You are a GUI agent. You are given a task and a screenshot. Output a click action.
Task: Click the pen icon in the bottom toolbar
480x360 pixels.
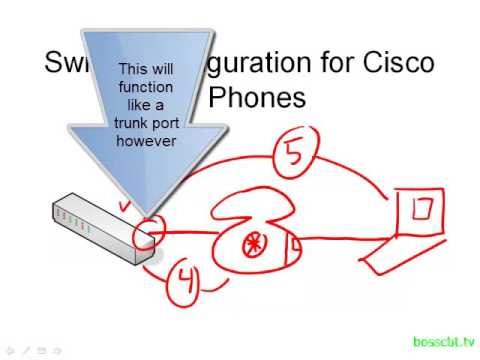click(26, 351)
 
